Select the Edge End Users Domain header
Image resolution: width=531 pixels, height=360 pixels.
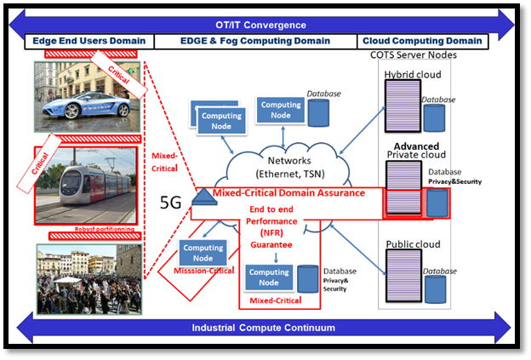point(88,41)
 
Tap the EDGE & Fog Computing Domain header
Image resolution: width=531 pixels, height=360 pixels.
point(253,41)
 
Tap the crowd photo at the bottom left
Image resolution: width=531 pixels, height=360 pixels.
point(88,279)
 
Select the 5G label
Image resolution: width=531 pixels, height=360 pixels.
point(171,204)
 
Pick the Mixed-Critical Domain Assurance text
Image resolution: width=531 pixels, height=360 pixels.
point(288,193)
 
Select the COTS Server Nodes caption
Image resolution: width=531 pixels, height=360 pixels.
point(414,55)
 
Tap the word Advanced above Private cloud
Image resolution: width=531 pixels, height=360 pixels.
point(416,146)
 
